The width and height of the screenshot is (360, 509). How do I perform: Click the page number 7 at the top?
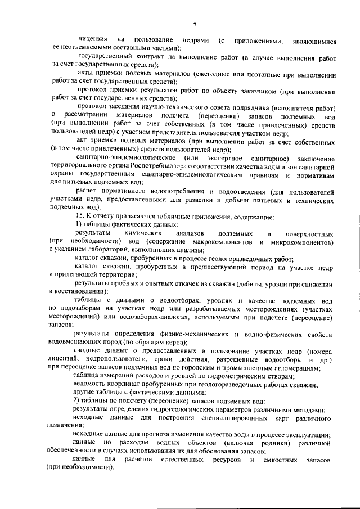193,24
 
